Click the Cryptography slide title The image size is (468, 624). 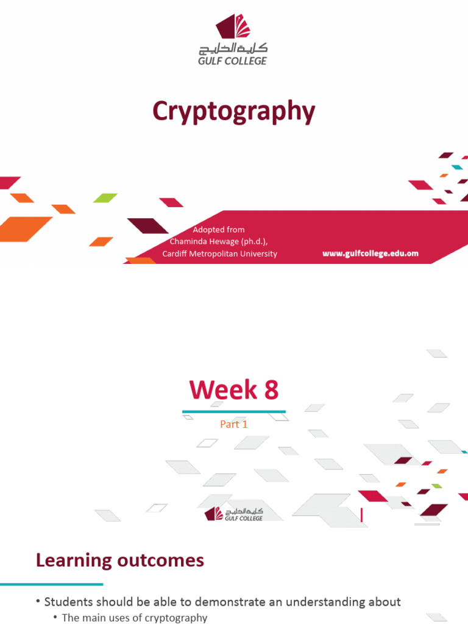234,113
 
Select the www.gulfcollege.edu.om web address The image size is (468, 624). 370,253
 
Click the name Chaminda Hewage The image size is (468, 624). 210,241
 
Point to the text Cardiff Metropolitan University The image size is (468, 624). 219,253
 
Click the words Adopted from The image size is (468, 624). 219,230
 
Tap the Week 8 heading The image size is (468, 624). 234,390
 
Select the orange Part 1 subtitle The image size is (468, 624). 234,425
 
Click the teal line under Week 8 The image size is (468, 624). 234,412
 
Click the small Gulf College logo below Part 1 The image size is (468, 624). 234,514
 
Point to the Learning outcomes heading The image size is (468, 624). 120,559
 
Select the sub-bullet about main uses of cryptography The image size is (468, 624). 135,618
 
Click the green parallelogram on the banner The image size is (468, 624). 105,197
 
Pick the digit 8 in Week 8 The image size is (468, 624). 270,390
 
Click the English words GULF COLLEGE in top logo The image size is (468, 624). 233,60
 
